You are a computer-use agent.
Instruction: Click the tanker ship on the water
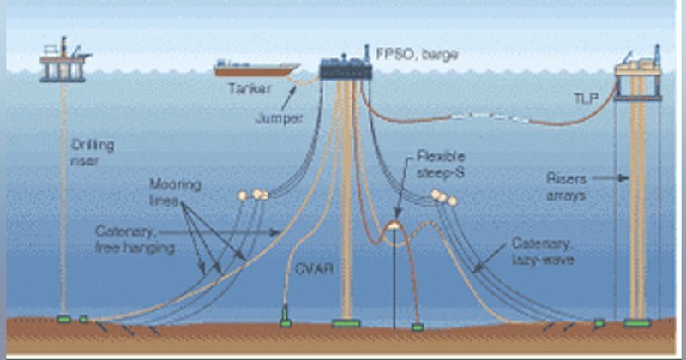click(x=256, y=69)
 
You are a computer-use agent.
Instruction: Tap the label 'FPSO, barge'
click(x=418, y=54)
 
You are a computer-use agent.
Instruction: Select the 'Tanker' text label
click(x=250, y=89)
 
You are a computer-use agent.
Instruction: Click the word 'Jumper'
click(x=280, y=118)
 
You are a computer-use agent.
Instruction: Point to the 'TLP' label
click(x=586, y=99)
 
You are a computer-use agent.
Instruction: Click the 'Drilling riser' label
click(x=93, y=153)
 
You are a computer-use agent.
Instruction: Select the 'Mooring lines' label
click(x=175, y=192)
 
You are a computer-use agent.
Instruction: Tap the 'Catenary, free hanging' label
click(x=135, y=239)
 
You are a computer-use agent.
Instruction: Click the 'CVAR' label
click(x=314, y=268)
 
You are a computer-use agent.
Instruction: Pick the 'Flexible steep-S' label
click(x=441, y=164)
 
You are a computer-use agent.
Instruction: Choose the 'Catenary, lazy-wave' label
click(x=543, y=251)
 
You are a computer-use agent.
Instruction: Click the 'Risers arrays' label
click(x=567, y=187)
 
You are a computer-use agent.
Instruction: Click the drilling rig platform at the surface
click(x=64, y=60)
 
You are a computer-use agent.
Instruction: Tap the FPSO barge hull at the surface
click(x=346, y=69)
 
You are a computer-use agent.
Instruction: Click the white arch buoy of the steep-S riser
click(x=394, y=225)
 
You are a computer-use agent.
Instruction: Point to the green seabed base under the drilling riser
click(x=63, y=320)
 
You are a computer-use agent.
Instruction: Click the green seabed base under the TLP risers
click(x=637, y=323)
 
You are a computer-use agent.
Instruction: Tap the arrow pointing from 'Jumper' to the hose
click(x=288, y=98)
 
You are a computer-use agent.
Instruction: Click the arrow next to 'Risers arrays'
click(x=611, y=178)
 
